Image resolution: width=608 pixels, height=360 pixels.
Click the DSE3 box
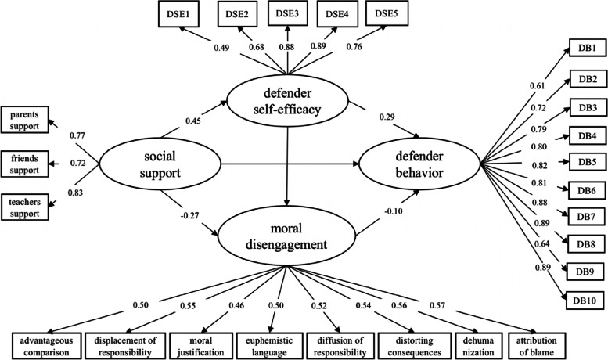pyautogui.click(x=288, y=14)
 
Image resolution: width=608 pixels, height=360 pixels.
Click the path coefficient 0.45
pyautogui.click(x=193, y=120)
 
